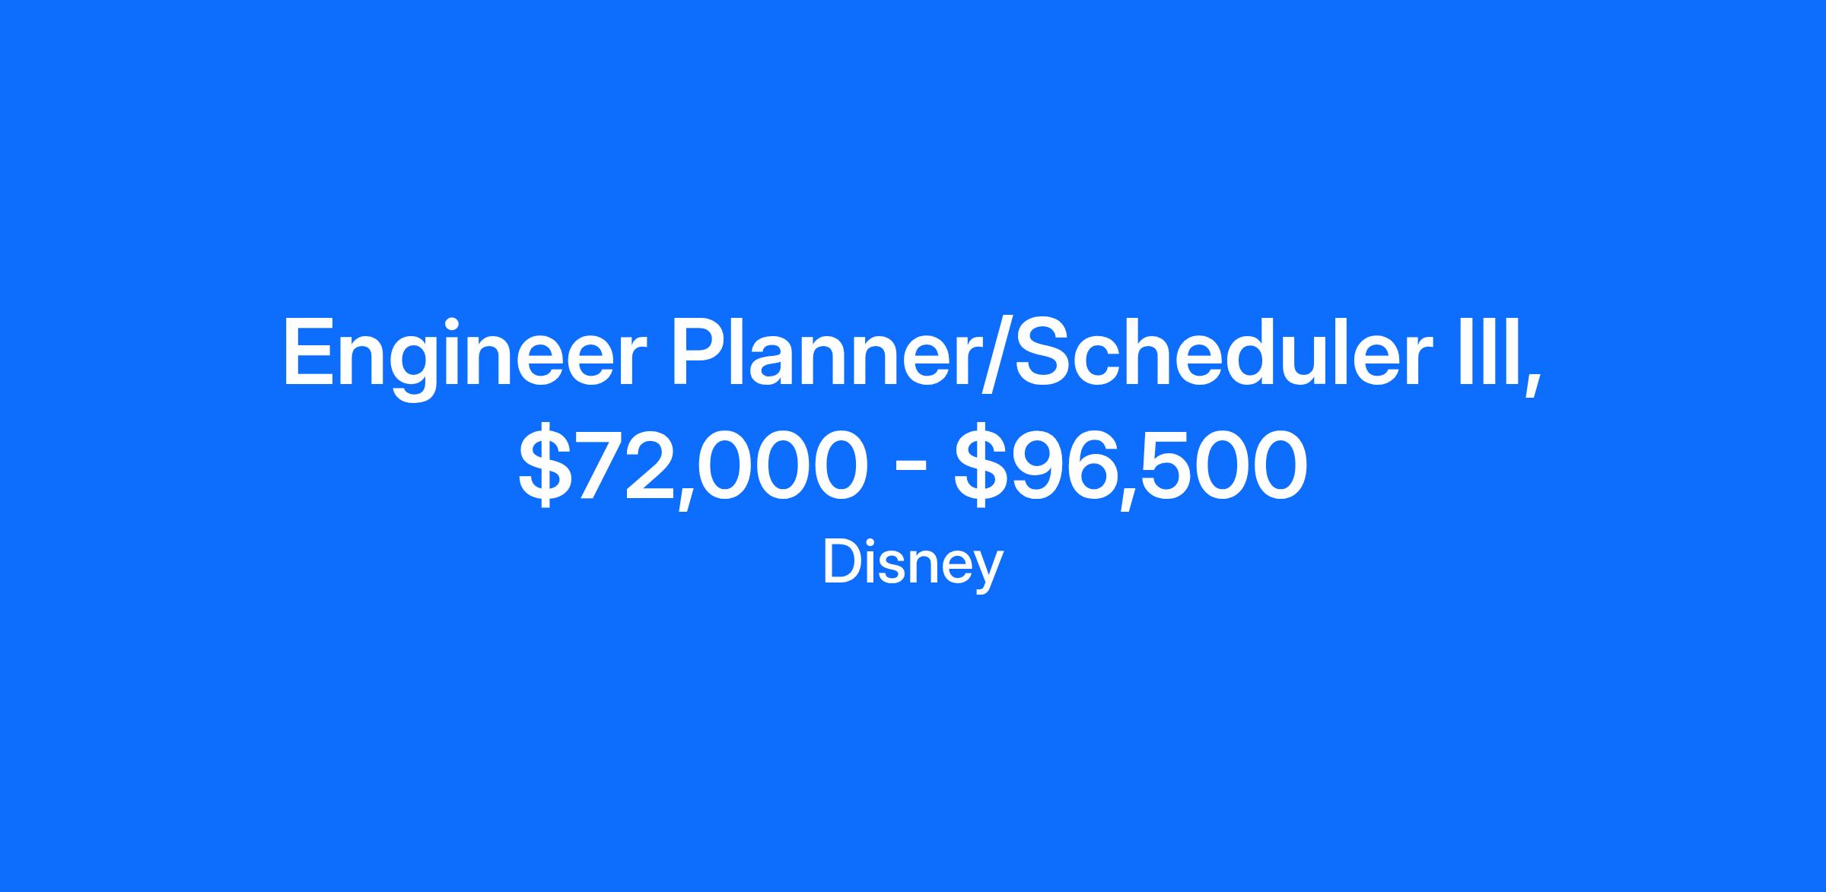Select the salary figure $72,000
693,464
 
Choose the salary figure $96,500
1131,464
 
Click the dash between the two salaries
911,466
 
